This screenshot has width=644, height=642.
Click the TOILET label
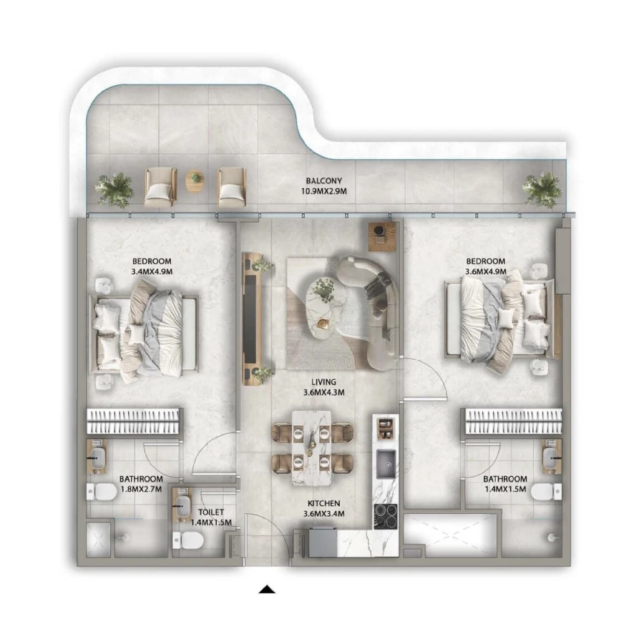pos(212,512)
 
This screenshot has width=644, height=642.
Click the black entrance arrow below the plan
pos(267,590)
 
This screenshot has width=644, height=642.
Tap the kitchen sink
pos(387,463)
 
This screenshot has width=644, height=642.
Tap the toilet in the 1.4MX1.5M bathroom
pos(543,492)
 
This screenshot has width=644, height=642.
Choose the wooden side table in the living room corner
pos(382,236)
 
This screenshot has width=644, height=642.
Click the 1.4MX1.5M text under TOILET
pos(212,522)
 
